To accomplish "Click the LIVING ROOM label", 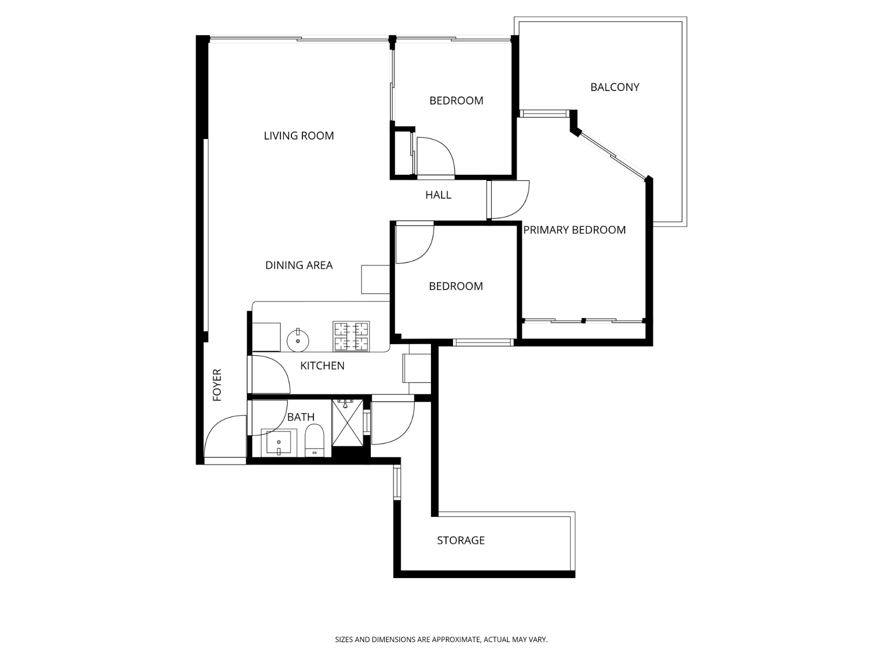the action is (299, 136).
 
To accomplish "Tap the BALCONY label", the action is (615, 87).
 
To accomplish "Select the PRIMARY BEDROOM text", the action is (575, 230).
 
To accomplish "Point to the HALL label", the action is (438, 195).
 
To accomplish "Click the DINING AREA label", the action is (299, 265).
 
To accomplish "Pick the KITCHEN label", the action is (322, 366).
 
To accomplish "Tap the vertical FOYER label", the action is (217, 385).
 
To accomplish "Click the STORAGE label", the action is (461, 540).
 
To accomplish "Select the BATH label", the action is (301, 417).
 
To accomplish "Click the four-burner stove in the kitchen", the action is (351, 336).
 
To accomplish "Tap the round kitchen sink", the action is (297, 340).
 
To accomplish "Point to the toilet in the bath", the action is (314, 441).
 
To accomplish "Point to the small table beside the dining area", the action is (375, 279).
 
